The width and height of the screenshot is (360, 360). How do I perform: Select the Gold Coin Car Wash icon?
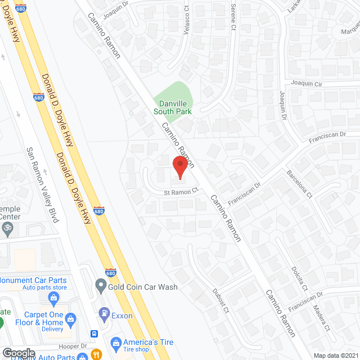(101, 287)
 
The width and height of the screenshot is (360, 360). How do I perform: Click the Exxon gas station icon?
(103, 313)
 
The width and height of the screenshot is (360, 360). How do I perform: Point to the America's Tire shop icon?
(115, 343)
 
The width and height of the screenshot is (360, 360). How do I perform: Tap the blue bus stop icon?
(94, 334)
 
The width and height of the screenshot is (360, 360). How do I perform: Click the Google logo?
(19, 353)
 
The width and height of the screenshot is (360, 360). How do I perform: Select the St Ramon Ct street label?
(181, 191)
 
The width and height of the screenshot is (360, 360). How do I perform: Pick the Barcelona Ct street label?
(300, 185)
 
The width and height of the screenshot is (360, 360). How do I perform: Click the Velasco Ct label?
(186, 20)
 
